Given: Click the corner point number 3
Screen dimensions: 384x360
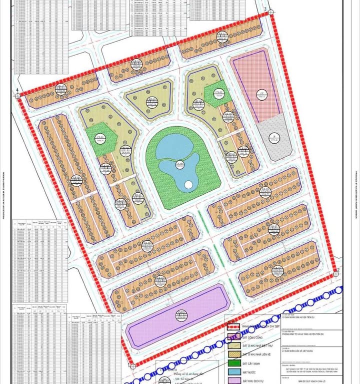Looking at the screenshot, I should coord(264,10).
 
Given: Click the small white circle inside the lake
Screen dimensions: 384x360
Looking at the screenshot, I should coord(187,185).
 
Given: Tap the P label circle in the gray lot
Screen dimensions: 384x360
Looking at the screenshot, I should coord(274,139).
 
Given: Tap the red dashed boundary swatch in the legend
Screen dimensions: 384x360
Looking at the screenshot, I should coord(233,327).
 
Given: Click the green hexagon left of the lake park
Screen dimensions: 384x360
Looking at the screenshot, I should coord(100,135).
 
